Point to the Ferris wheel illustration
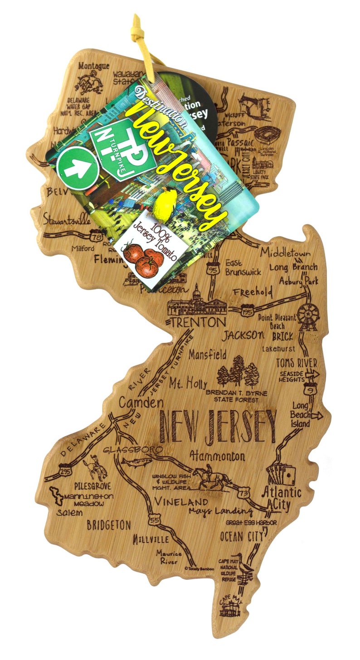coord(308,314)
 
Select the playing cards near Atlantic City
coord(281,474)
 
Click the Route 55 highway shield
coord(154,520)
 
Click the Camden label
coord(141,403)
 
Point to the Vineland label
coord(180,502)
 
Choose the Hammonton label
coord(217,455)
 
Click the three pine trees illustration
coord(238,370)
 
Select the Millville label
coord(151,539)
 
